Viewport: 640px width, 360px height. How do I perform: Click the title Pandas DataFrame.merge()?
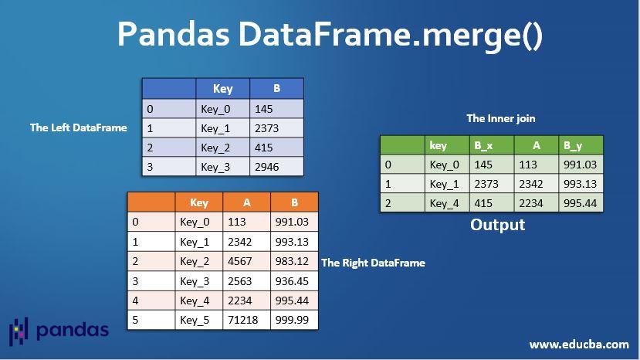(x=330, y=35)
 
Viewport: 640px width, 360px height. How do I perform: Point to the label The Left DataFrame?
(x=79, y=127)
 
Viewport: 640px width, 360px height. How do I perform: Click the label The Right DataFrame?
(x=373, y=263)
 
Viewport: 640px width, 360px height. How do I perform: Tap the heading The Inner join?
(x=501, y=118)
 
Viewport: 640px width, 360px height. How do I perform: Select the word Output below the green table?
(x=498, y=225)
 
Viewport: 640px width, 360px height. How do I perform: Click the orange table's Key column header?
(x=199, y=202)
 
